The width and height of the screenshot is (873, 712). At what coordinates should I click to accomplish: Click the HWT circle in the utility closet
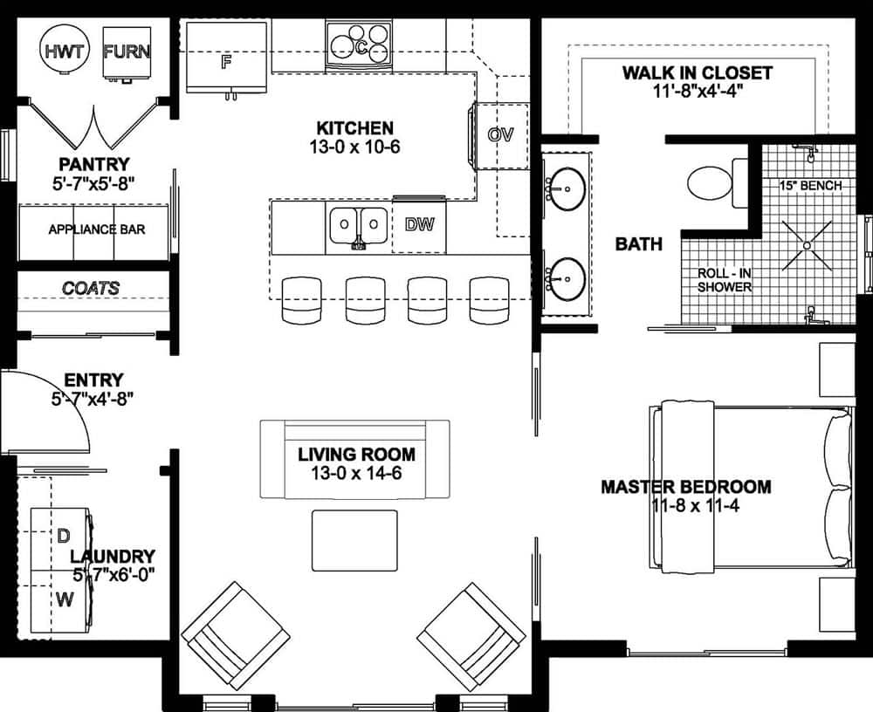pos(66,51)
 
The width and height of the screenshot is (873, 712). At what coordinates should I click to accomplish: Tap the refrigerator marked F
pos(226,58)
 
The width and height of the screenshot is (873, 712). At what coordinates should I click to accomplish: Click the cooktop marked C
pos(359,44)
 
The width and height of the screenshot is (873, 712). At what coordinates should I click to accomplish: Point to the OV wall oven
pos(499,135)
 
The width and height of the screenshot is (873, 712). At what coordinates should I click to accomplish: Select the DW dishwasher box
pos(420,225)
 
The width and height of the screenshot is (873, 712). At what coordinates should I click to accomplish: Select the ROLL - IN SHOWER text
pos(725,279)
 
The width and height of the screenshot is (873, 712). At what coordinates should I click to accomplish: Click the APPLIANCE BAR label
pos(96,229)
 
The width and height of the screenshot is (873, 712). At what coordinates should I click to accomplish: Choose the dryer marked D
pos(63,535)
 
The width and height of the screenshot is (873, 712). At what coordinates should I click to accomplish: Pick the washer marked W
pos(63,599)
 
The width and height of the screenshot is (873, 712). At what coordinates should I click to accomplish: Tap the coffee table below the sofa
pos(354,540)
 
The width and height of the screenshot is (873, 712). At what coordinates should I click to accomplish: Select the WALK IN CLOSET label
pos(697,72)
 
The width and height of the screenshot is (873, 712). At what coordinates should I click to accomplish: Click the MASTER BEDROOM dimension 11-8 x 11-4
pos(685,506)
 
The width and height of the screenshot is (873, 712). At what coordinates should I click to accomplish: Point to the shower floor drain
pos(808,245)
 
